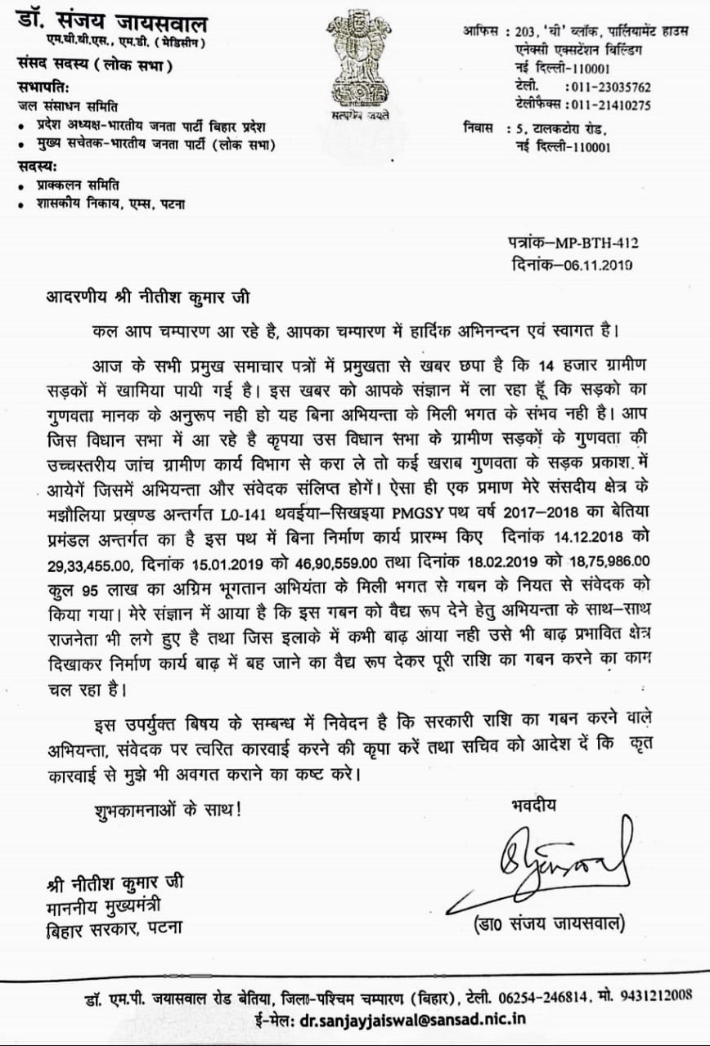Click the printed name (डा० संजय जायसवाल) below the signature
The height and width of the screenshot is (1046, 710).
pos(550,923)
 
